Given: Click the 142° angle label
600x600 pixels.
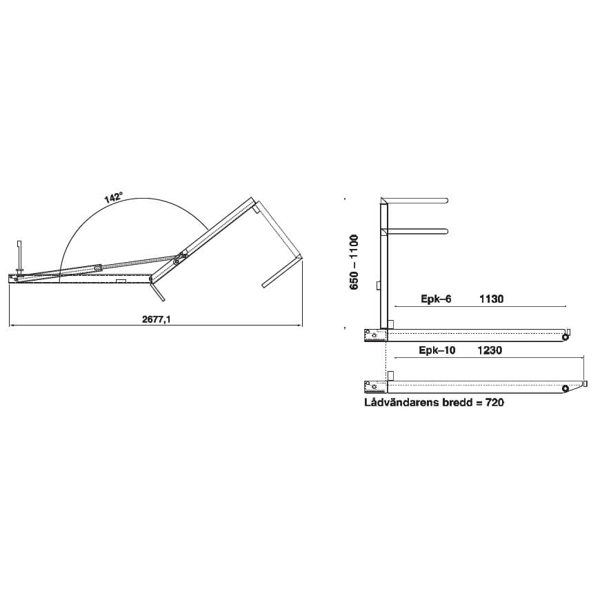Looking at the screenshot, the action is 113,197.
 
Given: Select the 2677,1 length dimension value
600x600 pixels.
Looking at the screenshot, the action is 156,319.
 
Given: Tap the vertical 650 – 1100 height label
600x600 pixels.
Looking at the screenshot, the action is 354,262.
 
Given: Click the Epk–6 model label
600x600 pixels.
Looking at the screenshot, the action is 436,299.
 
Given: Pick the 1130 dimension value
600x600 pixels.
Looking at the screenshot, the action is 491,299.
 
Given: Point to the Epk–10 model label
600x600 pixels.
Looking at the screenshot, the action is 437,350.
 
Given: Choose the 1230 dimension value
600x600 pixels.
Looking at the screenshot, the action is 490,350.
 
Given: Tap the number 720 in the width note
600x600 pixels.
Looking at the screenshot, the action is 494,402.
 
